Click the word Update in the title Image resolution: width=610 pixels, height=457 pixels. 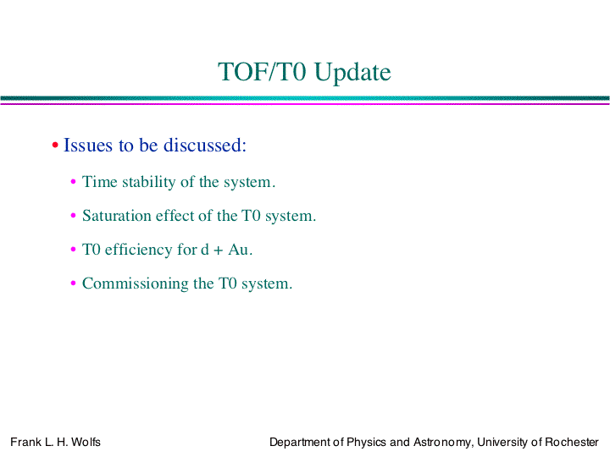point(352,73)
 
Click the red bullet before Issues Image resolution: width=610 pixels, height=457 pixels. point(55,146)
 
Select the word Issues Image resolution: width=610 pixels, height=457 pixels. point(88,145)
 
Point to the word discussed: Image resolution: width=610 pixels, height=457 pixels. point(205,145)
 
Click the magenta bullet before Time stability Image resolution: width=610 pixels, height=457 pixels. point(73,181)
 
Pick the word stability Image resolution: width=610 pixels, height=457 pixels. point(148,182)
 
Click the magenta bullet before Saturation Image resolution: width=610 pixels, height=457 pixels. point(73,215)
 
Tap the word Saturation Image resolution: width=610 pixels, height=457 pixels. point(117,216)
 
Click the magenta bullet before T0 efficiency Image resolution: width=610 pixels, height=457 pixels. point(73,249)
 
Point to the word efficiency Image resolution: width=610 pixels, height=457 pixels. point(138,250)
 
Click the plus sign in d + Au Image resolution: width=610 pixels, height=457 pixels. point(219,251)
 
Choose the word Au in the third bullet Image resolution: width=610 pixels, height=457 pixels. point(238,250)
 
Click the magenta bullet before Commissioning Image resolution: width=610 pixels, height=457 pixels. point(73,283)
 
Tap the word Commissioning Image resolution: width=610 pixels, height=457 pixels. point(136,284)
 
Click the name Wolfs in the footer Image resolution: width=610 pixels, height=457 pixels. point(86,443)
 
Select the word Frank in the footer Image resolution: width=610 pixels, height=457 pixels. point(25,443)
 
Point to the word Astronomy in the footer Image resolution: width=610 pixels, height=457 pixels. point(443,443)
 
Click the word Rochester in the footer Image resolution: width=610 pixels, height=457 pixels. point(572,443)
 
